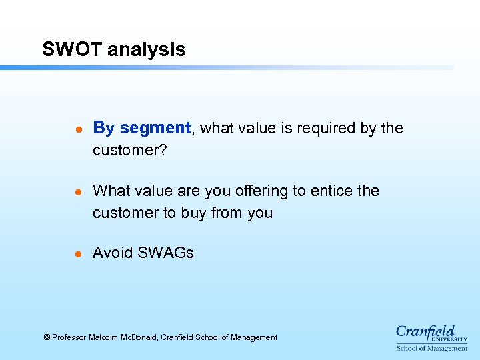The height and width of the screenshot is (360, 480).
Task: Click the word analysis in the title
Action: [146, 49]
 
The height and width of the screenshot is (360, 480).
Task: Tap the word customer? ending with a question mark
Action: [130, 151]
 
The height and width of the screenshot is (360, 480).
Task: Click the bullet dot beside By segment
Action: [77, 129]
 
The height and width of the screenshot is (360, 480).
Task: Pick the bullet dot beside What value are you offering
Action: [77, 192]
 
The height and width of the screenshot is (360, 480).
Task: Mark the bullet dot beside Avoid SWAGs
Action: [77, 254]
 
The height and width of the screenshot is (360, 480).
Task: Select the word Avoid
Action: [113, 253]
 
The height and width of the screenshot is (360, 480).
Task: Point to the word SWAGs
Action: [166, 253]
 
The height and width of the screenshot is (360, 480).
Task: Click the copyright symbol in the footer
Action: [47, 338]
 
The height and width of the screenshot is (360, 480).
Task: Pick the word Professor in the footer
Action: [69, 338]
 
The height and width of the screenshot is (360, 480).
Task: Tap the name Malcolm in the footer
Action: [103, 338]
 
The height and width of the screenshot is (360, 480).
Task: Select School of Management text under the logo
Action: [432, 349]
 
